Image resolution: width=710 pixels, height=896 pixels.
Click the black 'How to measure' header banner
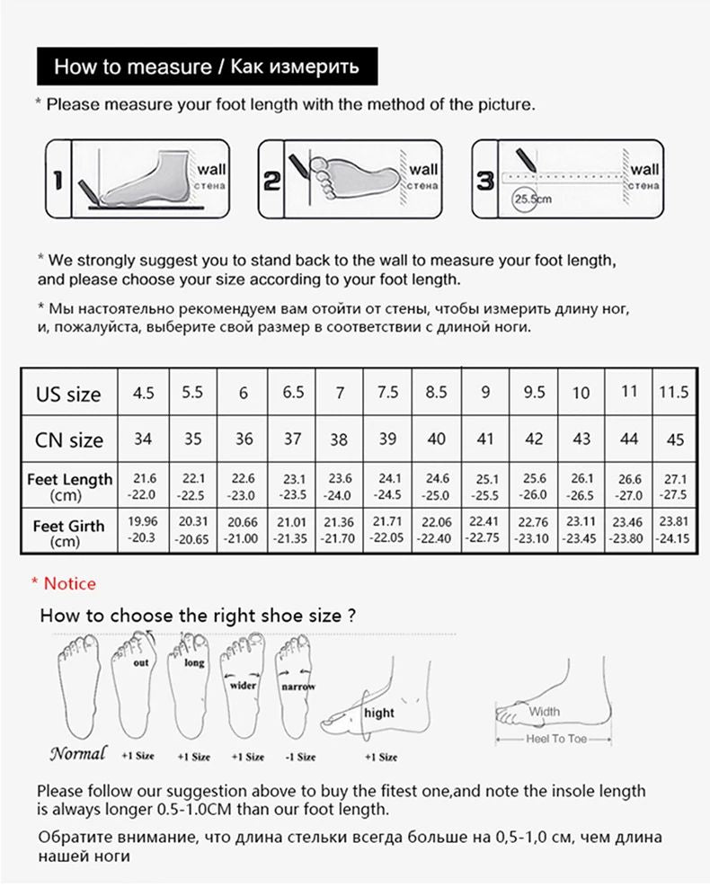click(x=206, y=67)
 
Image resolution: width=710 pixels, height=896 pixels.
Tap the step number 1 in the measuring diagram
click(x=57, y=179)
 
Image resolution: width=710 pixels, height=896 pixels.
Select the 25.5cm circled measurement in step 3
click(x=531, y=200)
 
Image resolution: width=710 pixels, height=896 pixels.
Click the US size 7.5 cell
click(x=388, y=393)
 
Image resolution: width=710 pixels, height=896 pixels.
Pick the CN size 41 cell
click(x=485, y=439)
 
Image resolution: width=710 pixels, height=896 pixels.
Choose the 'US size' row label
click(x=68, y=394)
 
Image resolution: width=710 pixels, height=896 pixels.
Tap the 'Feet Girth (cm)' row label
click(x=68, y=532)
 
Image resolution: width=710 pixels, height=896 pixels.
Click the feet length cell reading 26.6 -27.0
click(x=629, y=486)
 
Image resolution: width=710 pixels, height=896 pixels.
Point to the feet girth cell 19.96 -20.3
click(x=143, y=530)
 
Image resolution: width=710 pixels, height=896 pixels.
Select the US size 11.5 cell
click(x=673, y=393)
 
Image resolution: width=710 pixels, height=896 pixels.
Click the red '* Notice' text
click(x=63, y=583)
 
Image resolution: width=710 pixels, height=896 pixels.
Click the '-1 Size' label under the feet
click(x=300, y=757)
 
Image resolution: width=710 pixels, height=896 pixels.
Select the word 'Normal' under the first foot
click(x=77, y=753)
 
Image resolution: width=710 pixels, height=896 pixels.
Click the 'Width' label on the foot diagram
click(x=544, y=712)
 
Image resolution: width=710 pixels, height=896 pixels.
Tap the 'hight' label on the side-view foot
click(x=379, y=713)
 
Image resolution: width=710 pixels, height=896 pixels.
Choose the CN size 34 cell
click(x=143, y=439)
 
